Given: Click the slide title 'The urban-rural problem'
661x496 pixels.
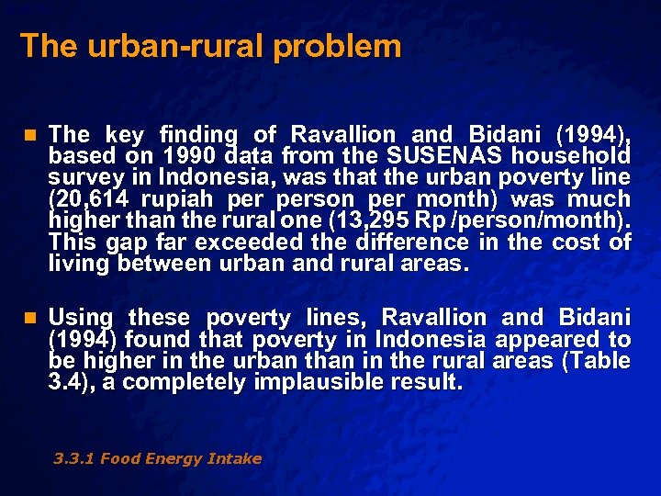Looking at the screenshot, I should [x=210, y=46].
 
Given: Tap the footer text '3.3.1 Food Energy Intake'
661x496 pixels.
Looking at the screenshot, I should [x=158, y=458].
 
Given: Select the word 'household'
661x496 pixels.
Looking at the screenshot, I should [x=582, y=155].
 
